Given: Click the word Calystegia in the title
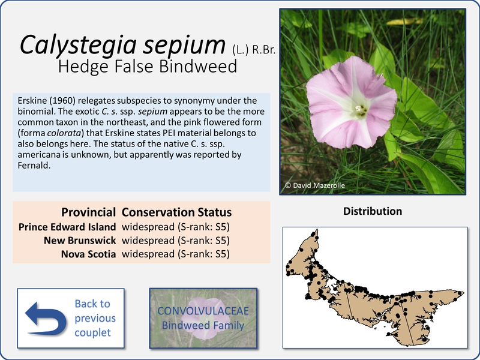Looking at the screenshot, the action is point(78,45).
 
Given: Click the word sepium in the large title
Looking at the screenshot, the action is point(184,45).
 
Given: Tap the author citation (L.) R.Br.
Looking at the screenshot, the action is point(253,50).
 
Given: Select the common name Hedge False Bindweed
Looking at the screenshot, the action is point(148,66).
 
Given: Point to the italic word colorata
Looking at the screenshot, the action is point(64,133).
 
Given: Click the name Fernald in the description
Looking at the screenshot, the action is point(34,166).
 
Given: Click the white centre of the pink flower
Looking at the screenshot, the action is point(359,110).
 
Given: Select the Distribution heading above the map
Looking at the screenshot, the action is point(373,211).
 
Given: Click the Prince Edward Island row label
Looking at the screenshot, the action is point(67,227).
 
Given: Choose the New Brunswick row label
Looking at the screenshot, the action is point(80,241).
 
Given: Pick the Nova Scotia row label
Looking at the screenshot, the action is point(88,254).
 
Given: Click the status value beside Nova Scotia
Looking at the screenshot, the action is point(176,254).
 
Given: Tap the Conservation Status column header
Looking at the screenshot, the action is point(176,212).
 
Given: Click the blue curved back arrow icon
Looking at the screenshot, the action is point(46,319).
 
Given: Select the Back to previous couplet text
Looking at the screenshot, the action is point(95,318).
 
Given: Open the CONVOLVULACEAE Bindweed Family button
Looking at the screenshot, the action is point(203,318).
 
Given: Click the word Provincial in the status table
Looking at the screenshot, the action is point(88,212).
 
